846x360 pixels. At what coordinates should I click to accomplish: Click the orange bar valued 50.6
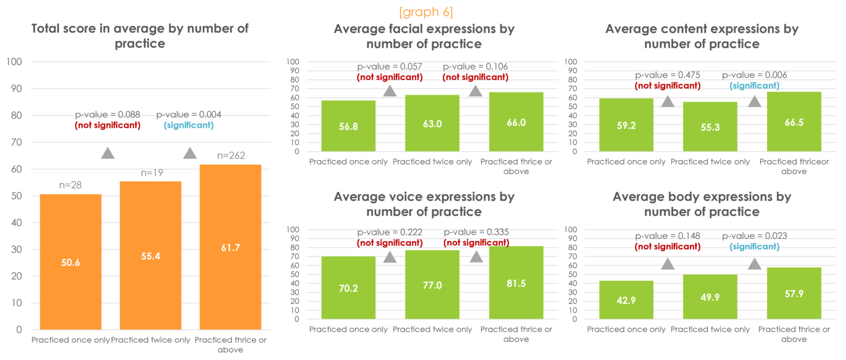[x=70, y=261]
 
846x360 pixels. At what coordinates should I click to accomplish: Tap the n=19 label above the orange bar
[x=151, y=173]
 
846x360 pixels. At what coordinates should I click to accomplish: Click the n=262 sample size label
[x=231, y=156]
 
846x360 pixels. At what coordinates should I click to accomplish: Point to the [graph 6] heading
[x=422, y=12]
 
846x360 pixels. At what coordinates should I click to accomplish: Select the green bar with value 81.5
[x=516, y=282]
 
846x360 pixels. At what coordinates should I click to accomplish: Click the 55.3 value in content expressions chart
[x=710, y=127]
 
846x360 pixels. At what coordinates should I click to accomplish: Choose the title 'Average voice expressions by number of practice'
[x=424, y=204]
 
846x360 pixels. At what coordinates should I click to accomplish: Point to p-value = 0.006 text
[x=754, y=75]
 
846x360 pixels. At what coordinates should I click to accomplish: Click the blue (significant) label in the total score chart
[x=189, y=126]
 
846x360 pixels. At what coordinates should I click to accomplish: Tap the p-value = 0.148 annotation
[x=668, y=236]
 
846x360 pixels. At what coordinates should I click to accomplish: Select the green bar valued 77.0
[x=432, y=284]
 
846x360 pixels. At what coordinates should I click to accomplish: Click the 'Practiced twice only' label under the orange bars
[x=150, y=340]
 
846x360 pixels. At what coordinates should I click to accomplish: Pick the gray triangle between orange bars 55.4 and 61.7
[x=190, y=153]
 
